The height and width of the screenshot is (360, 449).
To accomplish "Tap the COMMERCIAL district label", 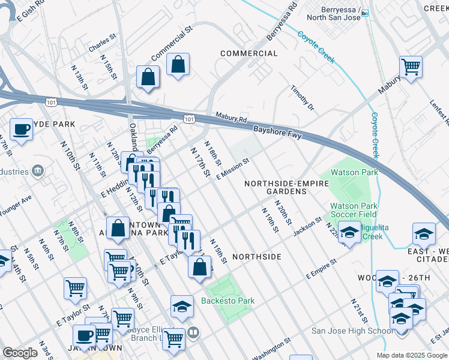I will tap(249, 53).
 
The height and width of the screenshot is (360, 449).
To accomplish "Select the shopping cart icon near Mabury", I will tap(411, 67).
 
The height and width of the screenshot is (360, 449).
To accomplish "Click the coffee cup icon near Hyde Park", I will tap(22, 130).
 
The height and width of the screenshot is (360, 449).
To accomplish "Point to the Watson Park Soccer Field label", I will tap(353, 210).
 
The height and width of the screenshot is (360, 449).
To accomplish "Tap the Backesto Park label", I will tap(228, 301).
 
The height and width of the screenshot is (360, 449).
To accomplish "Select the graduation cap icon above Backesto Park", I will tap(182, 307).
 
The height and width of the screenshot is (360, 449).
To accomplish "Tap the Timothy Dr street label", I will tap(303, 97).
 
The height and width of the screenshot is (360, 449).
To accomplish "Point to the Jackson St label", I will tap(308, 227).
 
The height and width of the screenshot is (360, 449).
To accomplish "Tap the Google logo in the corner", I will tap(20, 352).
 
